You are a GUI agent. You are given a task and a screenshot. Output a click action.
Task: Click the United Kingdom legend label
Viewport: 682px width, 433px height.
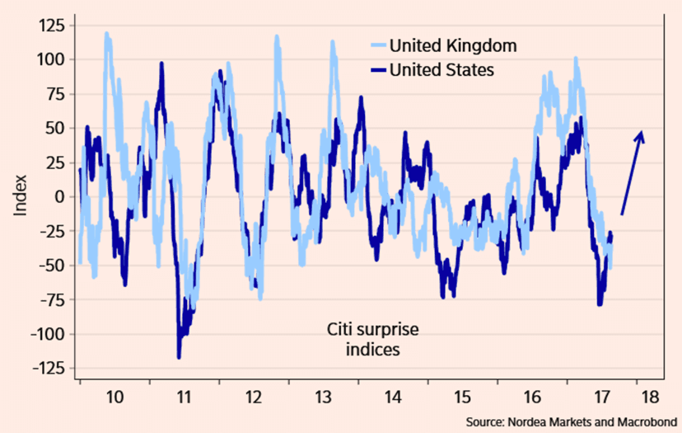point(453,45)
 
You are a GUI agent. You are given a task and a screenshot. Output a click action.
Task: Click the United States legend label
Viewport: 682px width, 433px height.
point(441,70)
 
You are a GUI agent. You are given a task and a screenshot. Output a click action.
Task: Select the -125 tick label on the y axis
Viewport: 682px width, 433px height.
point(48,369)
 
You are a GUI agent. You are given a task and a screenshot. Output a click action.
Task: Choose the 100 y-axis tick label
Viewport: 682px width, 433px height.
point(51,59)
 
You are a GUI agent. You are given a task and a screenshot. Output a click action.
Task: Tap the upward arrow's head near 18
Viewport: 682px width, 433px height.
point(641,134)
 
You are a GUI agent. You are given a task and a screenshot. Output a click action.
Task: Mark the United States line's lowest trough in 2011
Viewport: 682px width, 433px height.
point(179,356)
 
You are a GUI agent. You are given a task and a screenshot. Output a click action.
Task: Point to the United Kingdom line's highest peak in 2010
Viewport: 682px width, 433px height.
point(107,35)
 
